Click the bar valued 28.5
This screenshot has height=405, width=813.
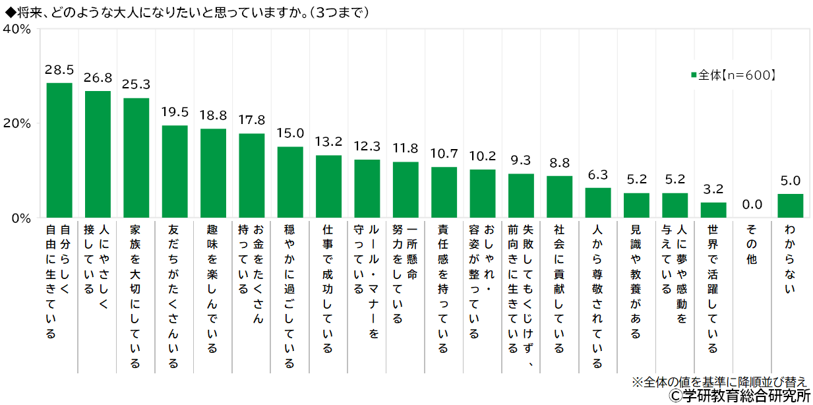pyautogui.click(x=59, y=150)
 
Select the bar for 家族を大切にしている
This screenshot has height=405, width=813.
pyautogui.click(x=136, y=158)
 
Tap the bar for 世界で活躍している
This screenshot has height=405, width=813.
pyautogui.click(x=713, y=210)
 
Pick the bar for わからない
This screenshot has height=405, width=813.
pyautogui.click(x=790, y=206)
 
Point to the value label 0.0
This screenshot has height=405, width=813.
pyautogui.click(x=752, y=204)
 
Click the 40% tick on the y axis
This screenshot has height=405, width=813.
pyautogui.click(x=18, y=29)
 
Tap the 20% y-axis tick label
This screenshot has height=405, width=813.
pyautogui.click(x=18, y=123)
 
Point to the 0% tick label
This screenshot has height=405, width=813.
pyautogui.click(x=21, y=218)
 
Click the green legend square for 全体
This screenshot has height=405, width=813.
pyautogui.click(x=693, y=76)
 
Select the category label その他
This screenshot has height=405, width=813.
pyautogui.click(x=751, y=245)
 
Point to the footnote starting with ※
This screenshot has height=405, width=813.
pyautogui.click(x=719, y=381)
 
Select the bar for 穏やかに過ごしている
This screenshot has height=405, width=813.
pyautogui.click(x=290, y=182)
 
